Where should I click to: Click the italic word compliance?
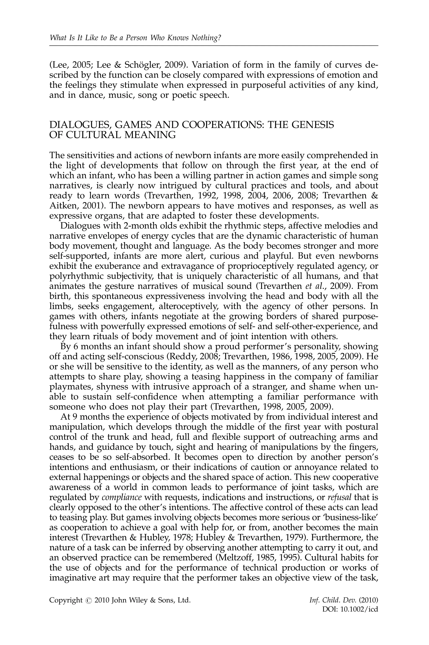tap(122, 497)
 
